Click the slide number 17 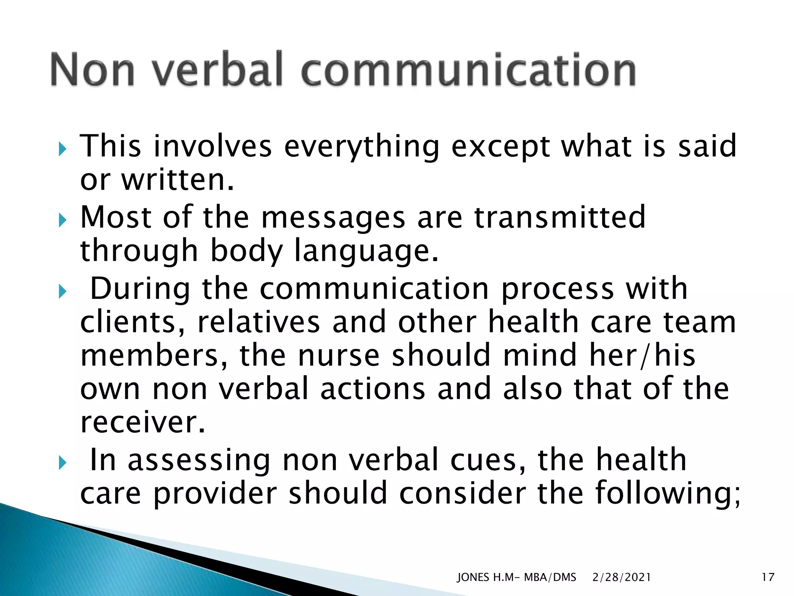768,577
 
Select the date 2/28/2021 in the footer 621,577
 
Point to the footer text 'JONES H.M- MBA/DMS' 516,577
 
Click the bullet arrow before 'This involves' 62,148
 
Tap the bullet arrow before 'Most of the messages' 62,220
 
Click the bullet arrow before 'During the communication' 62,291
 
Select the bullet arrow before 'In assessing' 62,463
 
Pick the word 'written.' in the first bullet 178,180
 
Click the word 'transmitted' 559,217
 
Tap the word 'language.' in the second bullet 366,251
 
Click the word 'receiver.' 142,422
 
